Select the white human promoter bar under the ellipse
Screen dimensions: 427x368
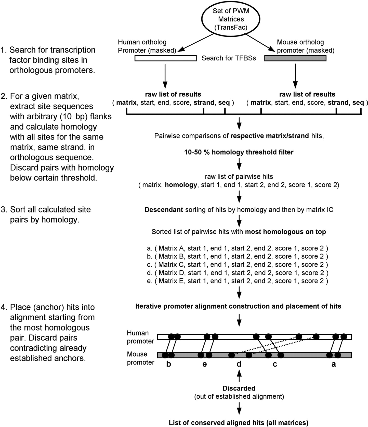click(x=165, y=58)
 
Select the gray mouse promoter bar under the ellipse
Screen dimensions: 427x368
click(x=295, y=58)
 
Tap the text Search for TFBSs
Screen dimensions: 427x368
click(x=229, y=58)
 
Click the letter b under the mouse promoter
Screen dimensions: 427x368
click(x=169, y=364)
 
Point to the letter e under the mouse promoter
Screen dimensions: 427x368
click(x=204, y=364)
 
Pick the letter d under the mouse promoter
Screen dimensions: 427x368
click(x=239, y=364)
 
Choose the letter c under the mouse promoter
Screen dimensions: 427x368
click(x=275, y=364)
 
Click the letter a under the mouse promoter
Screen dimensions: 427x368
click(x=334, y=364)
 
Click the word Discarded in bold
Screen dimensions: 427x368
click(x=239, y=388)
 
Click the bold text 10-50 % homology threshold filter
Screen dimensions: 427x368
click(x=239, y=152)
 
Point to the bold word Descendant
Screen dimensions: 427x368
click(x=164, y=210)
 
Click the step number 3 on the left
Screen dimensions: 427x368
click(x=3, y=210)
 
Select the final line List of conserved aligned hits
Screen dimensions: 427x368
click(x=239, y=423)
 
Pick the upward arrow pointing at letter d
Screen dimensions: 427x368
click(x=239, y=376)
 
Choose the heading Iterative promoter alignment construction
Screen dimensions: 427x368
click(x=238, y=306)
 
